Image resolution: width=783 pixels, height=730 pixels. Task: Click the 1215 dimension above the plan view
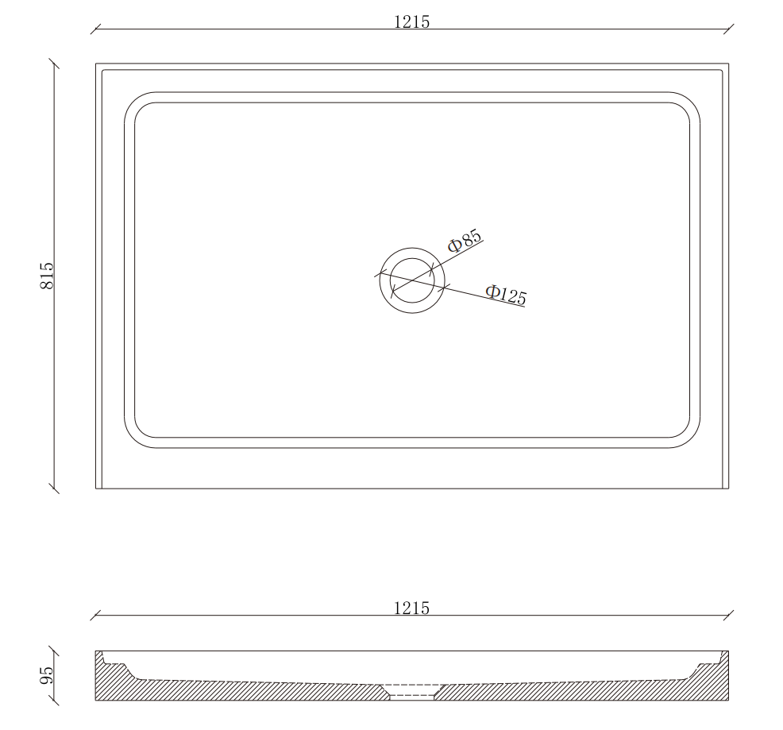point(411,22)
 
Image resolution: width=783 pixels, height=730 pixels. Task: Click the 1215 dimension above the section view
point(411,608)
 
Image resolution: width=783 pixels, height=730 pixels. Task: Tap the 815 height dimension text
point(47,275)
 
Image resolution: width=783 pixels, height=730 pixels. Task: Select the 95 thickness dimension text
point(47,675)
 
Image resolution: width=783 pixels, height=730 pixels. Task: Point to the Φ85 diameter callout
point(465,241)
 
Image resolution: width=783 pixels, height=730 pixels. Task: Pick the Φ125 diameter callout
point(506,295)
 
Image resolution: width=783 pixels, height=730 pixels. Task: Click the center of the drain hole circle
point(412,280)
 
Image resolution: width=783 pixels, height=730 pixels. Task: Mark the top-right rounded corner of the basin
point(691,102)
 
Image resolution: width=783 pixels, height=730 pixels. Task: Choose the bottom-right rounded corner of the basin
point(691,438)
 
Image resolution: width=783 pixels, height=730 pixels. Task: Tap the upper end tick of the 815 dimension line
point(54,64)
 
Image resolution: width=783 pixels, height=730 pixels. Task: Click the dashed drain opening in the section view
point(411,689)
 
